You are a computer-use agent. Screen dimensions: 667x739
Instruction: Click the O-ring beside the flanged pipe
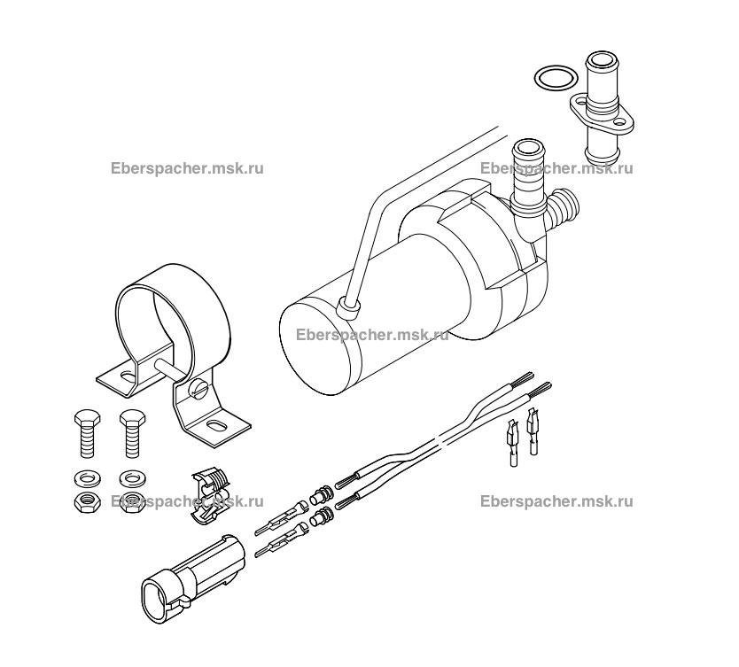552,78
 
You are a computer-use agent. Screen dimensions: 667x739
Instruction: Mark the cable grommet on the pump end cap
349,306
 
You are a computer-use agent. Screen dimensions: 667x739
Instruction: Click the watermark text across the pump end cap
372,335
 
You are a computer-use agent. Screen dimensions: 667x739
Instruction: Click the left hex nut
84,501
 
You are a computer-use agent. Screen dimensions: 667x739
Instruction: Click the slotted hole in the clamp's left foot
128,376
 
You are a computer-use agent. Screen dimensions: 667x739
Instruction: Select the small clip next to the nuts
210,488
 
